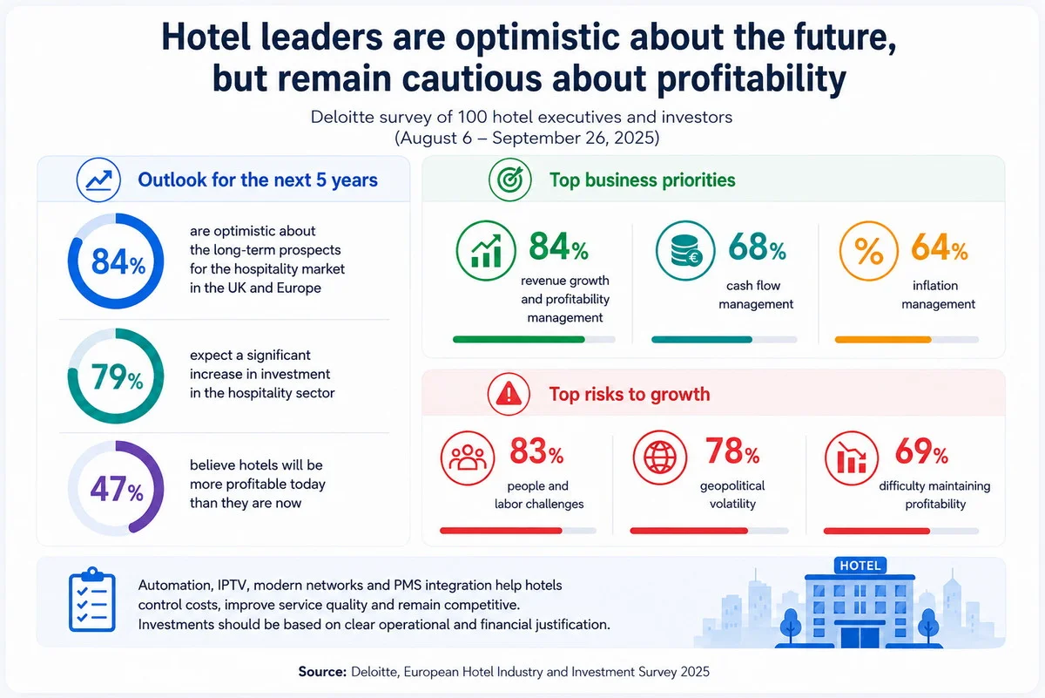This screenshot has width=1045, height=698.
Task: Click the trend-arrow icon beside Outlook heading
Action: pyautogui.click(x=98, y=180)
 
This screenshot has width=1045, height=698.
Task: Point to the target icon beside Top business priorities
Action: pyautogui.click(x=510, y=180)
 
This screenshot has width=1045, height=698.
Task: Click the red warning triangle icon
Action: pyautogui.click(x=509, y=394)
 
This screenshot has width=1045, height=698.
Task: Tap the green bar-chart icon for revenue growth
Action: pyautogui.click(x=486, y=251)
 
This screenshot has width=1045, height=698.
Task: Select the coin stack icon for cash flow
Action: pyautogui.click(x=685, y=251)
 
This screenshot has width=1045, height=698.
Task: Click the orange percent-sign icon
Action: pyautogui.click(x=869, y=251)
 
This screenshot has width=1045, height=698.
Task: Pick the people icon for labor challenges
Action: pyautogui.click(x=468, y=458)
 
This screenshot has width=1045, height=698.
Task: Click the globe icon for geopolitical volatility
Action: pyautogui.click(x=660, y=458)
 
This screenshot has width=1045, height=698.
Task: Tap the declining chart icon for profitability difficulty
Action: pyautogui.click(x=852, y=458)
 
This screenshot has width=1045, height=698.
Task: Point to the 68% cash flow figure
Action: pyautogui.click(x=757, y=247)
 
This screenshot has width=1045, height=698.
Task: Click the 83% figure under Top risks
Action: pyautogui.click(x=536, y=451)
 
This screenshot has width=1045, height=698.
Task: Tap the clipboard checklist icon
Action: pyautogui.click(x=92, y=600)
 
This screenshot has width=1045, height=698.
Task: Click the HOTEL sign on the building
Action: pyautogui.click(x=860, y=566)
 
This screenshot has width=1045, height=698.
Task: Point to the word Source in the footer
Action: pyautogui.click(x=322, y=671)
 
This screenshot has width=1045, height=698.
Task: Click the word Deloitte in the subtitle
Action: pyautogui.click(x=342, y=117)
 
